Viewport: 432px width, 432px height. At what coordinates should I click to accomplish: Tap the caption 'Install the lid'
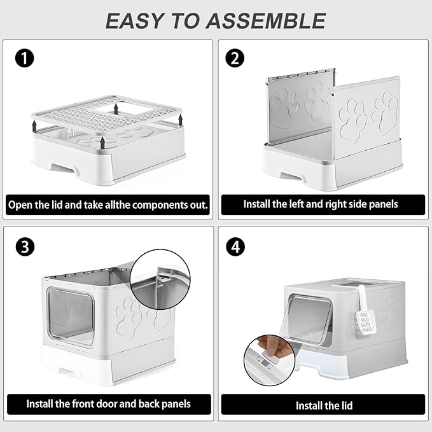(x=323, y=405)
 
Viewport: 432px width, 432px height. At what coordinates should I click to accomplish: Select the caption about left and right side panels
(x=321, y=204)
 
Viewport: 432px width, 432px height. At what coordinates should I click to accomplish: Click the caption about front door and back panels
(x=108, y=403)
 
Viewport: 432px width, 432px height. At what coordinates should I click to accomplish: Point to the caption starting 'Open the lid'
(x=108, y=205)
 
